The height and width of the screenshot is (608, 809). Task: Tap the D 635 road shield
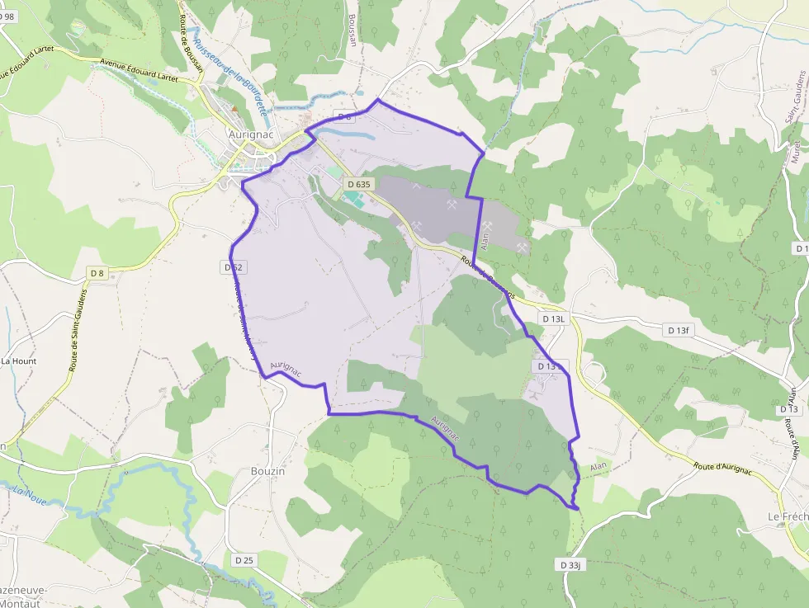[358, 184]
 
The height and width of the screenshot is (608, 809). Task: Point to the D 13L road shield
[553, 318]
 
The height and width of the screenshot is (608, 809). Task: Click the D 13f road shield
[676, 330]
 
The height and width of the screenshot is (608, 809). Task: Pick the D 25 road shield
[244, 560]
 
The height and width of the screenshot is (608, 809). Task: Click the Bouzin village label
[267, 471]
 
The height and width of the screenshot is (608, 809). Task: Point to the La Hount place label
[18, 361]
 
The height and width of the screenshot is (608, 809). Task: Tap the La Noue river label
[29, 494]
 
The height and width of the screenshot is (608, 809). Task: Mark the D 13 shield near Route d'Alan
[789, 409]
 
